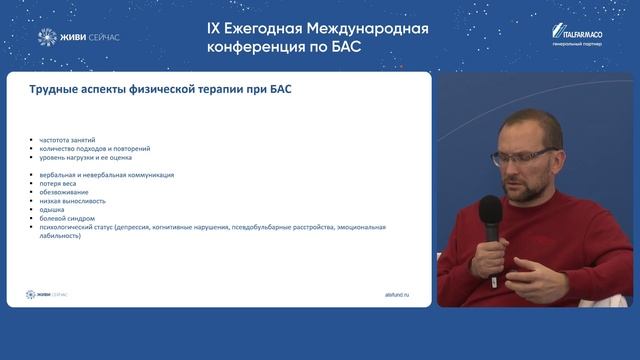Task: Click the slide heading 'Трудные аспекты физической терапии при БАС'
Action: (159, 91)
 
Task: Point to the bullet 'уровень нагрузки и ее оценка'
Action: (86, 157)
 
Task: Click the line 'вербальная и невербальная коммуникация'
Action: (106, 175)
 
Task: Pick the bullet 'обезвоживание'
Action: (66, 193)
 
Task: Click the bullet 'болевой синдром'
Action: (69, 218)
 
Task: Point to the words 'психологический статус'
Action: (76, 227)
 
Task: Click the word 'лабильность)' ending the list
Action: (59, 235)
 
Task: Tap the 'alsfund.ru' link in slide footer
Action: (397, 294)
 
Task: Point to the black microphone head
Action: (490, 209)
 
